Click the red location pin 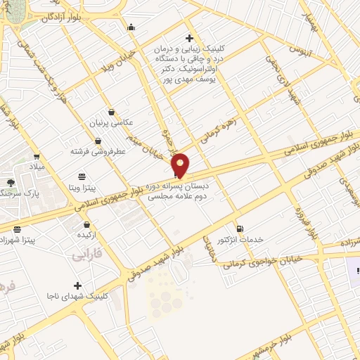181,164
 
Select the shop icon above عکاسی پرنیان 111,112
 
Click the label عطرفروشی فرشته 98,151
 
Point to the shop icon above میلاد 36,156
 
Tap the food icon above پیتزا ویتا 82,176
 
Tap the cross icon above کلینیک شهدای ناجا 77,285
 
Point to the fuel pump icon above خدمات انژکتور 240,229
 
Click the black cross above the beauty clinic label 188,38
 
